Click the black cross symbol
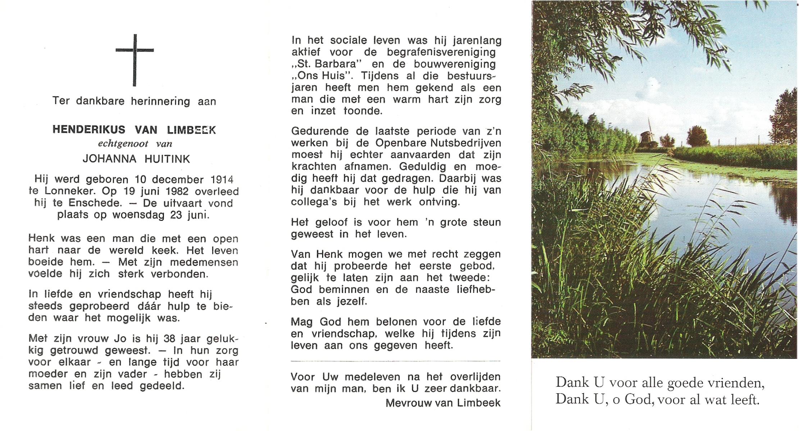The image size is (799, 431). (134, 60)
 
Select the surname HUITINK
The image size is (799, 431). (167, 159)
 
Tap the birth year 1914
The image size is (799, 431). (222, 179)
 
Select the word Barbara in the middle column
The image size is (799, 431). (337, 64)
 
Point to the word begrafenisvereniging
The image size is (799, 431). (441, 52)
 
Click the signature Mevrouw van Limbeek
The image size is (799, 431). (443, 403)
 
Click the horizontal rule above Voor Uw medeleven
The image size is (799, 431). (395, 361)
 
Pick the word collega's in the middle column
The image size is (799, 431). (314, 202)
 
